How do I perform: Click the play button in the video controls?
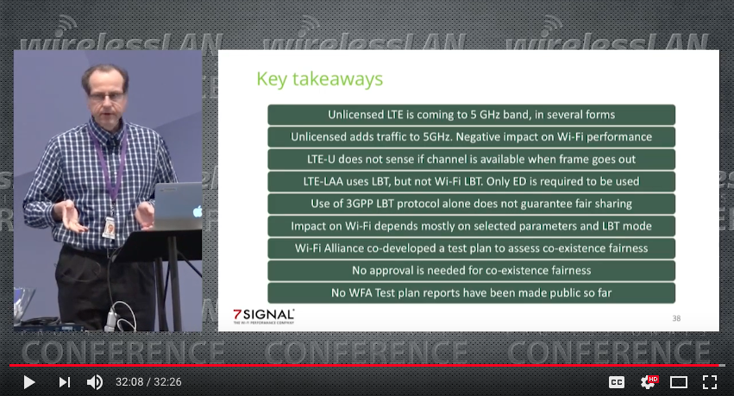(29, 382)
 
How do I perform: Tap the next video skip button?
(65, 382)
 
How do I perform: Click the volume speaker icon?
(95, 382)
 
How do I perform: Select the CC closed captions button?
(617, 382)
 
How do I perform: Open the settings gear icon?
(649, 382)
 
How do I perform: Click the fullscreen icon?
(710, 382)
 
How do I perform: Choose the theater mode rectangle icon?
(678, 382)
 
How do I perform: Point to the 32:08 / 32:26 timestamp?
(148, 382)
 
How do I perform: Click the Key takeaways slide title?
(320, 79)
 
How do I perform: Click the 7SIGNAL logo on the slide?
(264, 316)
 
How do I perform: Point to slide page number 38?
(676, 318)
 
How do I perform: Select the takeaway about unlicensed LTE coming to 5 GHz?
(472, 115)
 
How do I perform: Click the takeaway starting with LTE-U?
(472, 159)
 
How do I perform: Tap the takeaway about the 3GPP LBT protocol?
(472, 204)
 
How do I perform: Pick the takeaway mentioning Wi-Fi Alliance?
(472, 248)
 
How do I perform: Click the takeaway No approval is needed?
(472, 271)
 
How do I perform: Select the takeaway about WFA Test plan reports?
(472, 293)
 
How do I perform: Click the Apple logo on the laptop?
(198, 211)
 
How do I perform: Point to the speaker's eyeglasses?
(107, 97)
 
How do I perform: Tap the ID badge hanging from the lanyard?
(109, 228)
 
